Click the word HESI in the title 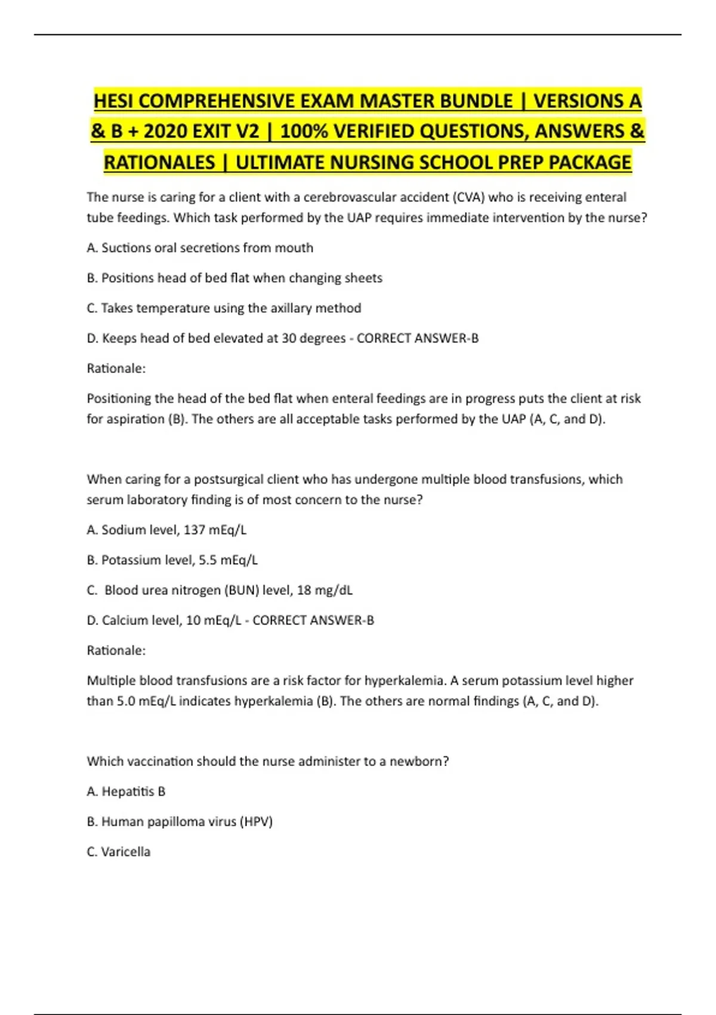pyautogui.click(x=114, y=101)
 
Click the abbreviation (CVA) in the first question pyautogui.click(x=468, y=197)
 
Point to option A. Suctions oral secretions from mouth pyautogui.click(x=200, y=248)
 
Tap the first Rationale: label pyautogui.click(x=116, y=368)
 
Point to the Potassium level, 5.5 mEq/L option pyautogui.click(x=172, y=560)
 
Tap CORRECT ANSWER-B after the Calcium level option pyautogui.click(x=313, y=620)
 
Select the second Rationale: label pyautogui.click(x=116, y=650)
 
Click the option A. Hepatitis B pyautogui.click(x=126, y=792)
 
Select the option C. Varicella pyautogui.click(x=119, y=852)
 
